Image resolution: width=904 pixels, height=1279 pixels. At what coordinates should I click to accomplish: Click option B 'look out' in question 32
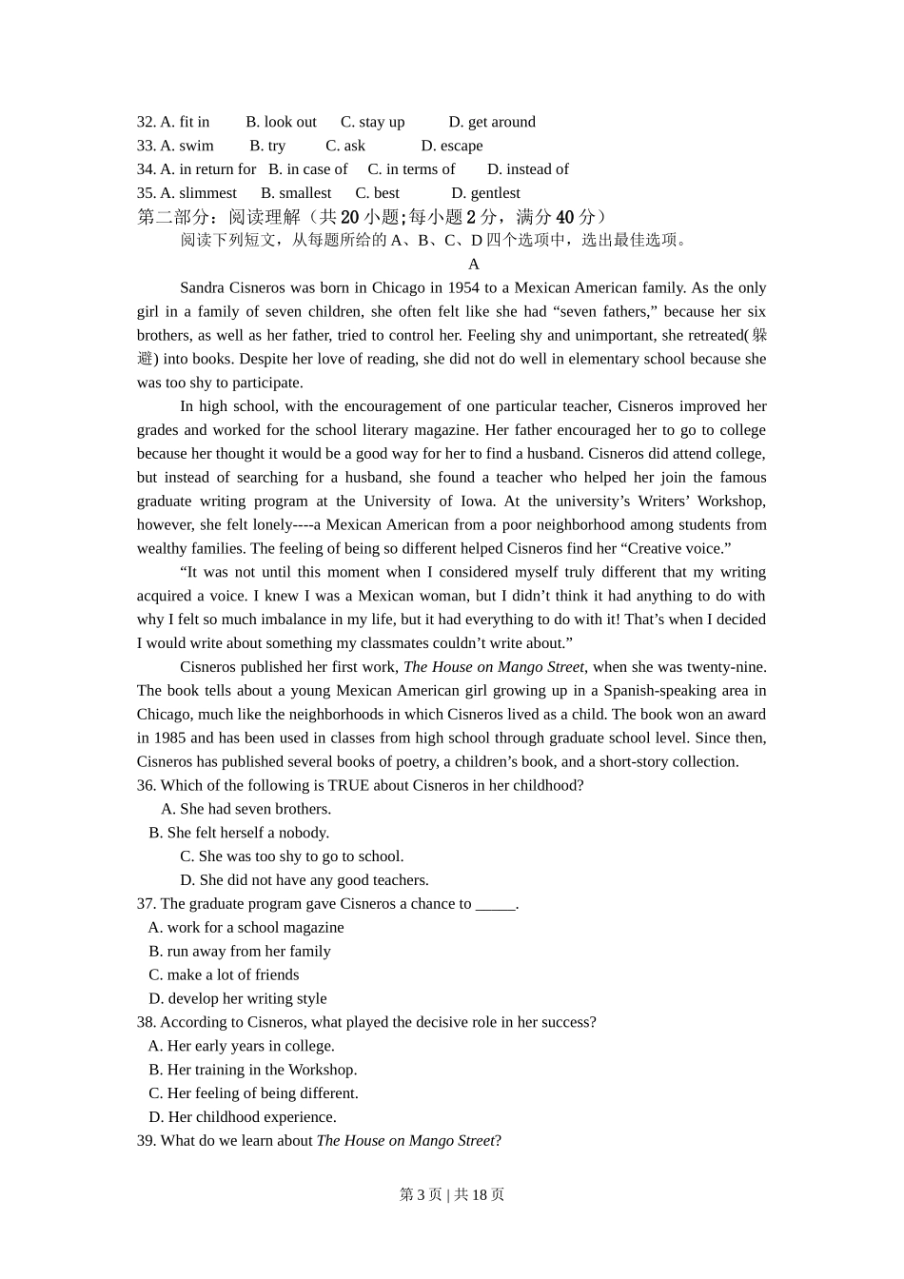[281, 122]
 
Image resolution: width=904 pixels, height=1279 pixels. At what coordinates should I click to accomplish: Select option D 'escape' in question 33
[452, 146]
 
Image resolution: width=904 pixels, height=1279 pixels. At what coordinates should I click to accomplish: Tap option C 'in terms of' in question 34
[411, 169]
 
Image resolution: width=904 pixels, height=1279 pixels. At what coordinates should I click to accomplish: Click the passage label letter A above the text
[474, 265]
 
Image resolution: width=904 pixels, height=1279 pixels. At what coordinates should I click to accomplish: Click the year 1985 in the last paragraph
[170, 738]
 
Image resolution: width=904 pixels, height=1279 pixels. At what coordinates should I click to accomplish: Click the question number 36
[147, 786]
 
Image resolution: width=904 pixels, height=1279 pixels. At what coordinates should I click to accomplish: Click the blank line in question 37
[495, 904]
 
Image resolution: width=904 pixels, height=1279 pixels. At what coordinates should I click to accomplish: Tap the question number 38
[147, 1022]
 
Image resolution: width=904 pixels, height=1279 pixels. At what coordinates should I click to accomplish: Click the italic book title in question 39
[405, 1141]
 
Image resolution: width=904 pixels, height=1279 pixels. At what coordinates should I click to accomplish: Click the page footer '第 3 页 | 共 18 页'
[452, 1195]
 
